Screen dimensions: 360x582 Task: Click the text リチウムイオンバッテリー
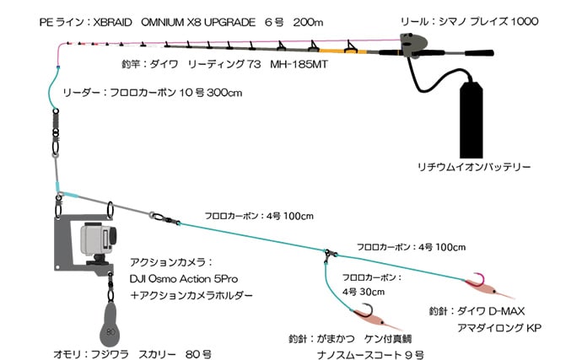(477, 167)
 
